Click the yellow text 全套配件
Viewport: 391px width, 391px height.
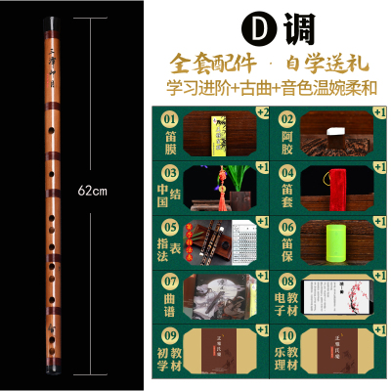pyautogui.click(x=210, y=60)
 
